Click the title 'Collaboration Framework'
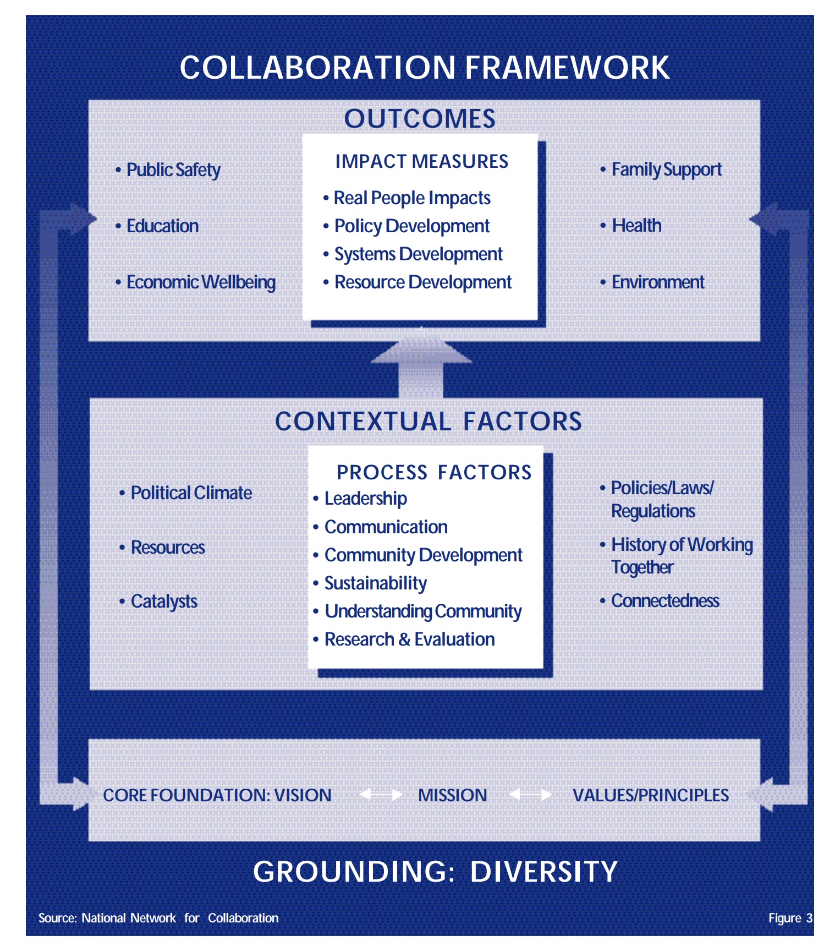click(424, 68)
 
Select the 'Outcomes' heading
click(420, 119)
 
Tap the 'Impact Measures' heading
click(421, 161)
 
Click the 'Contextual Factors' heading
click(428, 422)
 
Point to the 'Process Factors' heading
click(433, 472)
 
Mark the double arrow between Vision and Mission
click(381, 795)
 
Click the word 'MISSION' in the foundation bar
click(452, 795)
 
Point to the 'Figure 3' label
click(790, 918)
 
